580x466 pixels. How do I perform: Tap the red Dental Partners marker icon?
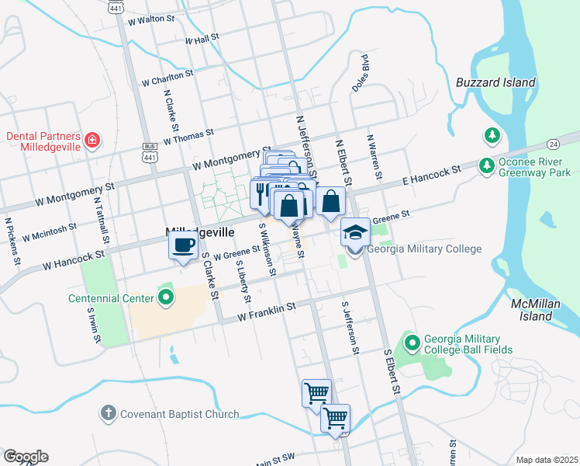[92, 141]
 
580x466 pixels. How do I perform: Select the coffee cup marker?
[184, 246]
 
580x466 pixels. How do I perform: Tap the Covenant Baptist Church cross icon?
[109, 413]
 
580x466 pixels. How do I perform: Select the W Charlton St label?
[167, 78]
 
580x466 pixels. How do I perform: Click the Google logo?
[26, 457]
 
